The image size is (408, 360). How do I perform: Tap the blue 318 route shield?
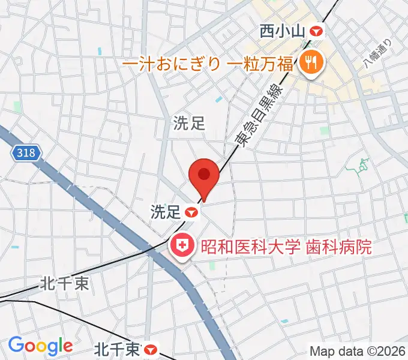click(26, 154)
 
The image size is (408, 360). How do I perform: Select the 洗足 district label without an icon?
click(190, 124)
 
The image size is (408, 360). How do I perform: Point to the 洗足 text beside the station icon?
click(164, 212)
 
